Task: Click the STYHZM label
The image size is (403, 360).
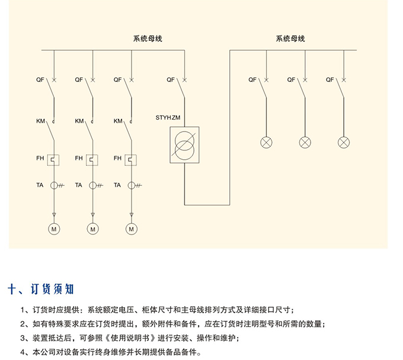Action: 168,118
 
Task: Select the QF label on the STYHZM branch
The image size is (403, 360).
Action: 171,79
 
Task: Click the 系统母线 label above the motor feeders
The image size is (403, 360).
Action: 148,38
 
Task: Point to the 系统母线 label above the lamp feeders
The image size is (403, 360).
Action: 290,38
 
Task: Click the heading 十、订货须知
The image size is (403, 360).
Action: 41,289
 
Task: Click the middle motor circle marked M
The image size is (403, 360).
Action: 93,229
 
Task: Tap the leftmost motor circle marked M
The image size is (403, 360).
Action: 54,229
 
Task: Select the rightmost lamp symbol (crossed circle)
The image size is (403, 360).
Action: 344,143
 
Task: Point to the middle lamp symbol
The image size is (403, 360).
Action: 305,143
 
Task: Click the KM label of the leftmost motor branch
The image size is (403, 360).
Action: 40,121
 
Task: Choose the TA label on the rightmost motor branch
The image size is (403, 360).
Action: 117,185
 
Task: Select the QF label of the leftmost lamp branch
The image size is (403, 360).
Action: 252,79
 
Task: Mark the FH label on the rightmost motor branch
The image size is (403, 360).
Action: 117,158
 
